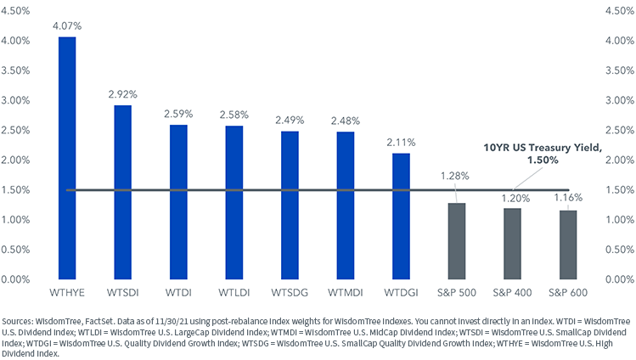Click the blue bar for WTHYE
pyautogui.click(x=66, y=158)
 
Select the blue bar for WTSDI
pyautogui.click(x=122, y=192)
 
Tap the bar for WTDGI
pyautogui.click(x=401, y=216)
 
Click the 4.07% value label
pyautogui.click(x=66, y=26)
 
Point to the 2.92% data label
pyautogui.click(x=122, y=94)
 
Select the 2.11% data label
pyautogui.click(x=401, y=143)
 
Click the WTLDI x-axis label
pyautogui.click(x=234, y=293)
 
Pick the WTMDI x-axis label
pyautogui.click(x=345, y=293)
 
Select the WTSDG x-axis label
pyautogui.click(x=290, y=293)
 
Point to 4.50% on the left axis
pyautogui.click(x=18, y=11)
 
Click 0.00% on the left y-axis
pyautogui.click(x=18, y=279)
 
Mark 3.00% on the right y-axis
pyautogui.click(x=617, y=100)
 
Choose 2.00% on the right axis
pyautogui.click(x=617, y=160)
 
